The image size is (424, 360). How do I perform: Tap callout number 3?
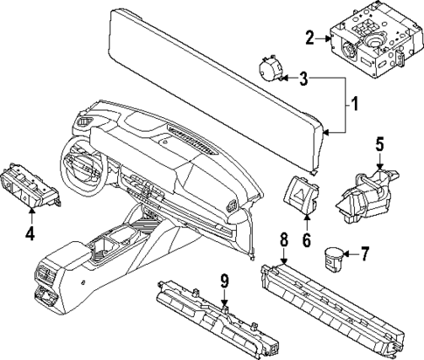click(x=303, y=80)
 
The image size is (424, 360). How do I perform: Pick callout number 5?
click(x=380, y=144)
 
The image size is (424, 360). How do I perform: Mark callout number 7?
click(x=365, y=254)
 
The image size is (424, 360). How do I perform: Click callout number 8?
click(x=282, y=239)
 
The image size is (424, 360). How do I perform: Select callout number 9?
click(x=225, y=281)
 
